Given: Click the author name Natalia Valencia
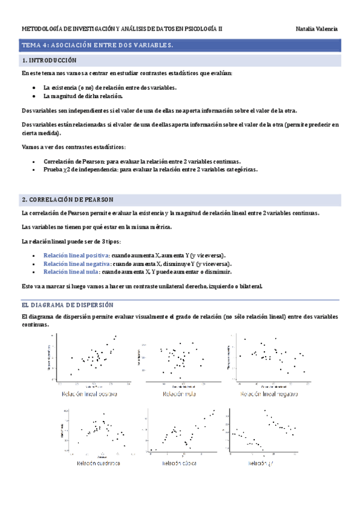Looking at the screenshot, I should click(317, 29).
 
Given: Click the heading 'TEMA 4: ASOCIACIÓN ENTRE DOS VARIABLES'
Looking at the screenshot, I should click(97, 45).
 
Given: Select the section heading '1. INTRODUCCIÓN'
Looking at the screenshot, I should click(49, 61).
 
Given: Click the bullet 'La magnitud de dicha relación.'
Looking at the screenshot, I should click(83, 96).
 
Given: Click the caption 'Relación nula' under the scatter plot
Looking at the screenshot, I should click(179, 394).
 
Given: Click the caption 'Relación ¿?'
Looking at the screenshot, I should click(262, 464).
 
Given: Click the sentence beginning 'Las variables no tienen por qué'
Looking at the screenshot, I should click(96, 227).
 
